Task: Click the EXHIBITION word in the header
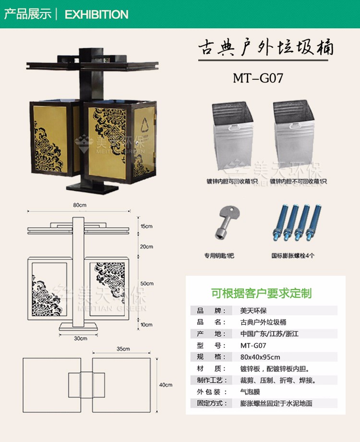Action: coord(96,14)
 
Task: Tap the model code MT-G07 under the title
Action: coord(258,78)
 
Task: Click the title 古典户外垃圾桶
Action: coord(265,49)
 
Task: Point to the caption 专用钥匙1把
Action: coord(219,256)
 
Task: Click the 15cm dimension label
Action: coord(146,226)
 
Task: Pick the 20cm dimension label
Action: coord(146,246)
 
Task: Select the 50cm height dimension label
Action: coord(146,283)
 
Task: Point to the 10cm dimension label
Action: coord(146,325)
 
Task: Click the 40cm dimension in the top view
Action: coord(166,384)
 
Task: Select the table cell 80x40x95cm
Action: coord(260,357)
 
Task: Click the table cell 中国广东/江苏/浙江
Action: coord(269,334)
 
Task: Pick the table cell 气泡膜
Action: coord(250,392)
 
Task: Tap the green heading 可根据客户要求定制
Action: coord(261,293)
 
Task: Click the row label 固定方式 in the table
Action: coord(212,403)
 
